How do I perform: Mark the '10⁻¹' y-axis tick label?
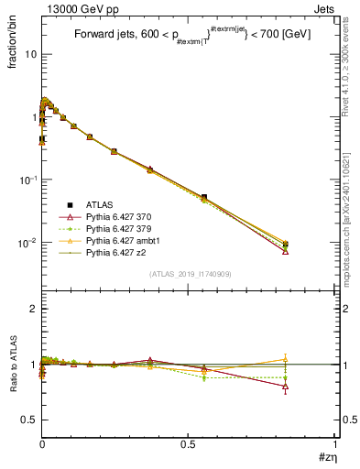(x=27, y=180)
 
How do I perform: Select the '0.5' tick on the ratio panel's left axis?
(x=29, y=420)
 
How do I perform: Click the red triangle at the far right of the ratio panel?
(x=286, y=387)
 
